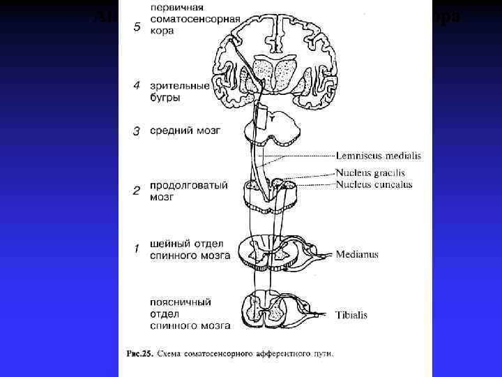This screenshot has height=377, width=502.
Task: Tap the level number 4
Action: tap(137, 86)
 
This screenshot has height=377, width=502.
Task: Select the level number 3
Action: tap(137, 131)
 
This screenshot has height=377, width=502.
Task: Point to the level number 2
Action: tap(137, 190)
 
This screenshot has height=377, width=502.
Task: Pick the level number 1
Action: tap(137, 248)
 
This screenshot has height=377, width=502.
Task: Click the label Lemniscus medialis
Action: tap(378, 156)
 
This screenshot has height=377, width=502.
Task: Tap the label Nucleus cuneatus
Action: tap(373, 184)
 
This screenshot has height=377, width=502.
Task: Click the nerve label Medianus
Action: tap(357, 254)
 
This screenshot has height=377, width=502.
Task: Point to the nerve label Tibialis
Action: tap(351, 315)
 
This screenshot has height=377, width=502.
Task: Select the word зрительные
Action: tap(179, 86)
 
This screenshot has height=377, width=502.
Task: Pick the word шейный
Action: tap(169, 243)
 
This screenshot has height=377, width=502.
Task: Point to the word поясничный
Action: tap(181, 302)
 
